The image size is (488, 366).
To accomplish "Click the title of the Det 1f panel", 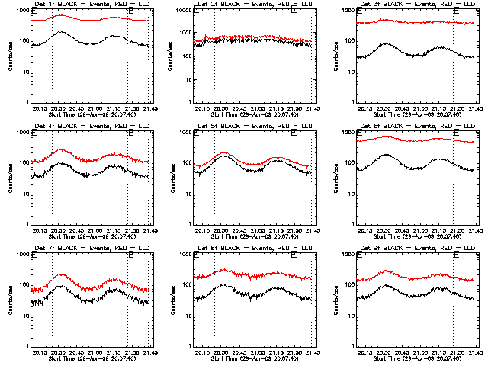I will (x=92, y=5).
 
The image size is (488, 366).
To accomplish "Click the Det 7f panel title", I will (x=92, y=249).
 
